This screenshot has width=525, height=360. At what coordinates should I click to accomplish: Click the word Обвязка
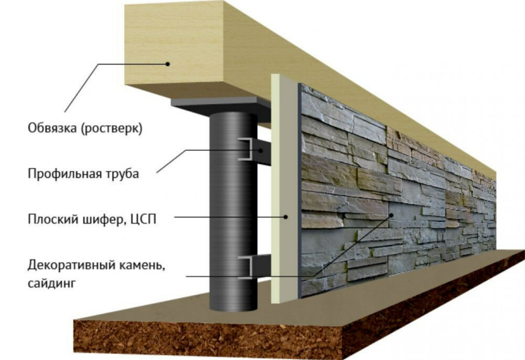click(52, 128)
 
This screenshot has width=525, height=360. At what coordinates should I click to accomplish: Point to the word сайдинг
click(51, 283)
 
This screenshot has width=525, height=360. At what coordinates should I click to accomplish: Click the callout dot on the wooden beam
click(168, 64)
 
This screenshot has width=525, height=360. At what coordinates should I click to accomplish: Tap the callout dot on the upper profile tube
click(260, 150)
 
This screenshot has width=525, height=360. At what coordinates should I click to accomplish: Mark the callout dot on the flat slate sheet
click(285, 217)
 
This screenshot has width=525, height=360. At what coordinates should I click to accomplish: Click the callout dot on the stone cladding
click(391, 215)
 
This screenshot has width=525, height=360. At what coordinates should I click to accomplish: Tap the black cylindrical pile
click(233, 211)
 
